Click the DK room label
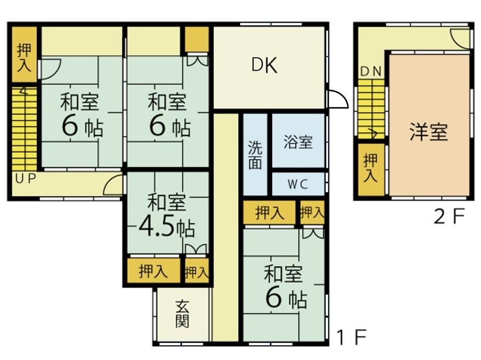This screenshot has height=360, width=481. click(x=264, y=65)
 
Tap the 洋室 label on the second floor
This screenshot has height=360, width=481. click(x=428, y=132)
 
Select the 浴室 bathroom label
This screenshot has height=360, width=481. click(x=298, y=142)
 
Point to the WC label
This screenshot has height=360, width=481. click(x=298, y=184)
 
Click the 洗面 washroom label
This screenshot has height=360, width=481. click(x=255, y=155)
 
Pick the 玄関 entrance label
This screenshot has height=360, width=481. click(x=182, y=314)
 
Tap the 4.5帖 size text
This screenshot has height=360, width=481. click(x=166, y=227)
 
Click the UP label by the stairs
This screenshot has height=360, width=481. click(x=26, y=178)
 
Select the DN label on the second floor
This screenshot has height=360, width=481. click(x=371, y=71)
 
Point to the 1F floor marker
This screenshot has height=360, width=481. click(x=352, y=337)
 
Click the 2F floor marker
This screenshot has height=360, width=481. click(x=449, y=216)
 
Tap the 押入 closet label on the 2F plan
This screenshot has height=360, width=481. click(x=370, y=168)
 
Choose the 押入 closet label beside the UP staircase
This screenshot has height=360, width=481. click(x=24, y=58)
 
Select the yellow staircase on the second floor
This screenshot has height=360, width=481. click(x=371, y=109)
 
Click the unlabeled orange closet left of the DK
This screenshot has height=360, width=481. click(x=197, y=40)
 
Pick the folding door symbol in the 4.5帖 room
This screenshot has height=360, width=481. click(x=196, y=249)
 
